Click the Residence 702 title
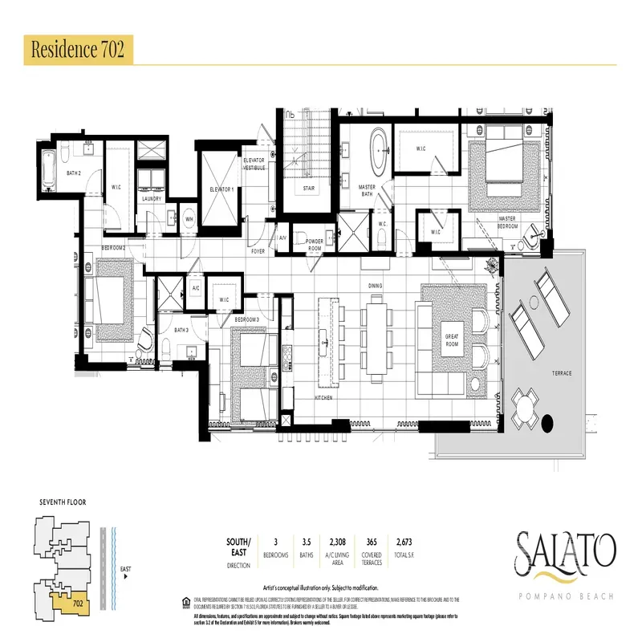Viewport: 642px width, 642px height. (76, 49)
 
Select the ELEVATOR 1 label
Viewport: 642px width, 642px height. (221, 189)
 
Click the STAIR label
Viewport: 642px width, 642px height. (309, 190)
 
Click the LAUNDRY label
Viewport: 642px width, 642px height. (152, 199)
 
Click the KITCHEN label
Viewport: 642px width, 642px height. (324, 398)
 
